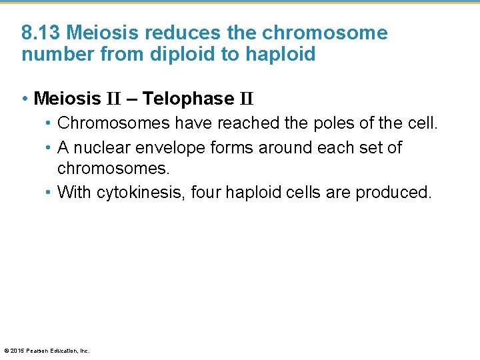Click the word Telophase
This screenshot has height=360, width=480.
coord(188,99)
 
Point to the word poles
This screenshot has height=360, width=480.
coord(329,123)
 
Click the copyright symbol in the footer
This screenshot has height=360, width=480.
coord(6,350)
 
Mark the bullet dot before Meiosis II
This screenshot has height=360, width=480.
coord(25,99)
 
